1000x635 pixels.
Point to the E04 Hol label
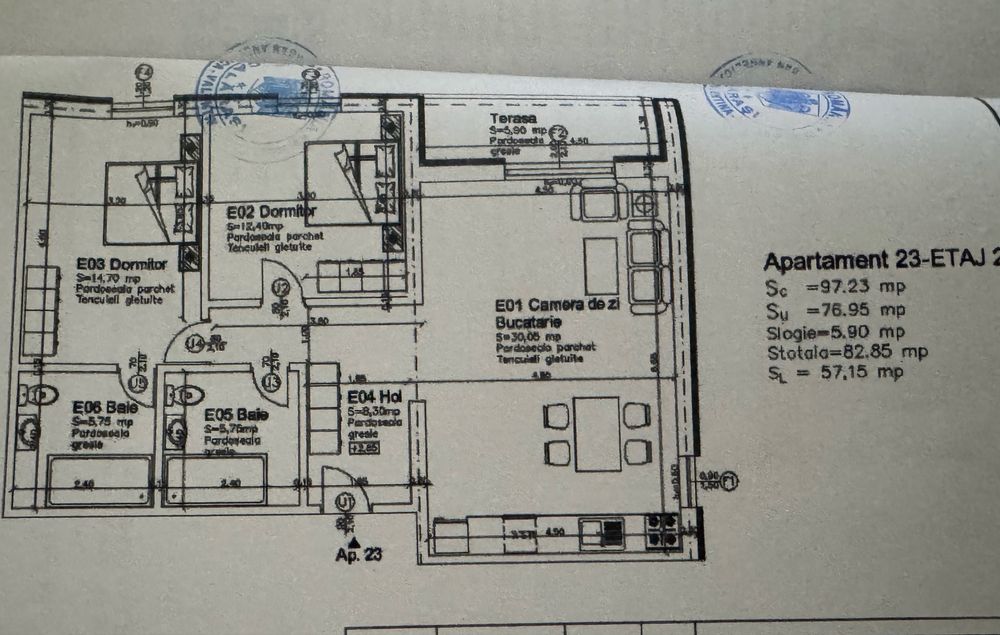tap(375, 397)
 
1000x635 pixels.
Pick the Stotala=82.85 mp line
tap(846, 352)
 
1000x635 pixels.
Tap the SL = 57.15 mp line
tap(835, 373)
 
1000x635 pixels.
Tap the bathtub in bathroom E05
tap(216, 480)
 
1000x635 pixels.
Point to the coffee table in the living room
tap(600, 262)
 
